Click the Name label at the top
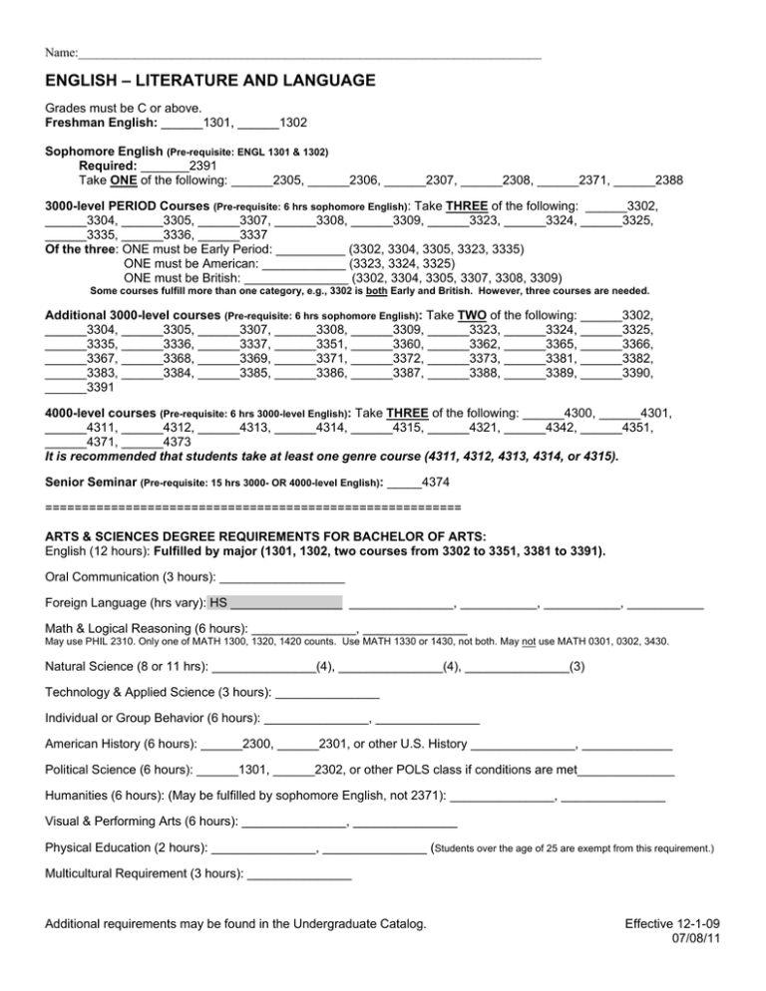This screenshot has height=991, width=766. (61, 52)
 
